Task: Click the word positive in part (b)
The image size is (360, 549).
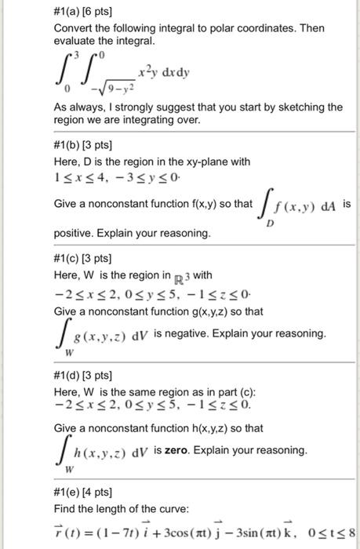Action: tap(75, 233)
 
